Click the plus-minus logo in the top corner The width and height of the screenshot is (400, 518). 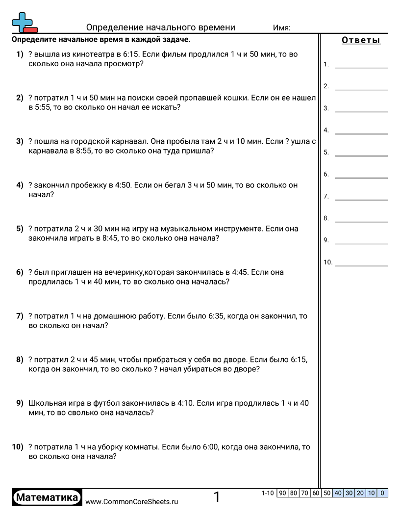click(24, 23)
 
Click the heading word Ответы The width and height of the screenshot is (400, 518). click(361, 41)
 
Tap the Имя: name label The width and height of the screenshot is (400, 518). click(281, 28)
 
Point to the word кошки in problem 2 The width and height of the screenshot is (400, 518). click(232, 98)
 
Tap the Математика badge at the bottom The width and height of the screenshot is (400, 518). click(47, 497)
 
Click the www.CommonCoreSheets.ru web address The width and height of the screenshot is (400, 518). click(131, 502)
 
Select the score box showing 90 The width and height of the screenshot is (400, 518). click(282, 493)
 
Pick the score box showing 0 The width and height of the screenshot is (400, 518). click(382, 493)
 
